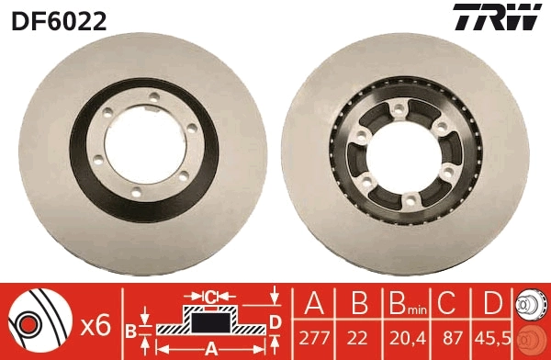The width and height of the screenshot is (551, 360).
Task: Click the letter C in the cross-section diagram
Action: point(210,297)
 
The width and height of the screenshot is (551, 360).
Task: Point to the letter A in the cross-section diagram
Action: point(211,347)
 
